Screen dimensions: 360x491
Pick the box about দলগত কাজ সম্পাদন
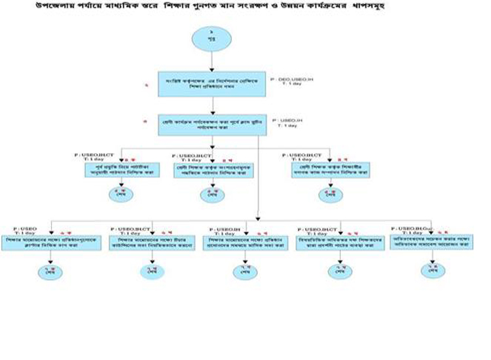(x=329, y=172)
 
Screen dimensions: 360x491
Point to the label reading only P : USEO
(x=26, y=228)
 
